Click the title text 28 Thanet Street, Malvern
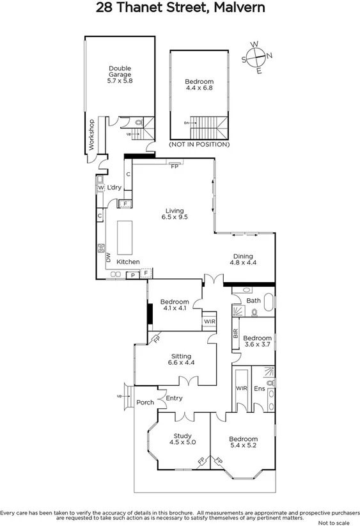tap(180, 8)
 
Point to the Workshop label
tap(91, 134)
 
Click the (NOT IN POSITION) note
tap(198, 145)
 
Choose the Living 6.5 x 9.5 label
tap(174, 214)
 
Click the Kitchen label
tap(128, 262)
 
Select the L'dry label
tap(114, 187)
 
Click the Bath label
tap(253, 300)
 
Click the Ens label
tap(260, 388)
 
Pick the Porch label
tap(145, 402)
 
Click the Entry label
tap(174, 398)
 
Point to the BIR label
tap(235, 333)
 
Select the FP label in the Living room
tap(174, 165)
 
